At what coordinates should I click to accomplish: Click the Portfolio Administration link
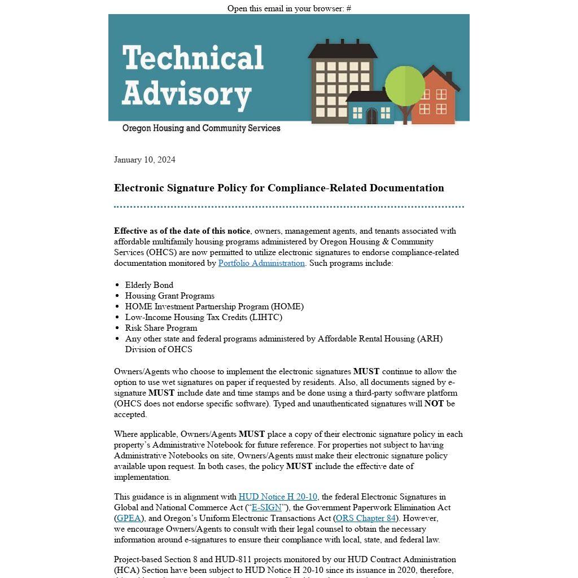261,263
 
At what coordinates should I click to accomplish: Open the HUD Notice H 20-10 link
278,497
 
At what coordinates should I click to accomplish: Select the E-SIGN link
266,507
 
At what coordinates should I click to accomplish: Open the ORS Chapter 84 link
366,518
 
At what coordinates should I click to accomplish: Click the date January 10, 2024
144,160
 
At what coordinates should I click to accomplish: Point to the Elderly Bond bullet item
149,285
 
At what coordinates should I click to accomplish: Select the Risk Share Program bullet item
161,328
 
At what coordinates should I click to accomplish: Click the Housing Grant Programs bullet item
169,296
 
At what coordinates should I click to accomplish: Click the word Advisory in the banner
186,93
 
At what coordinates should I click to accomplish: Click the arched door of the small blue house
371,116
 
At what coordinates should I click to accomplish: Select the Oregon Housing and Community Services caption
202,128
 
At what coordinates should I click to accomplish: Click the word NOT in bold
434,404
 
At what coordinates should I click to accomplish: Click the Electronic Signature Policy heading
279,188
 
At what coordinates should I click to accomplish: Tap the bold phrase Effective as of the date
182,231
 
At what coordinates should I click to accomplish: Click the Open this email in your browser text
289,8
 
